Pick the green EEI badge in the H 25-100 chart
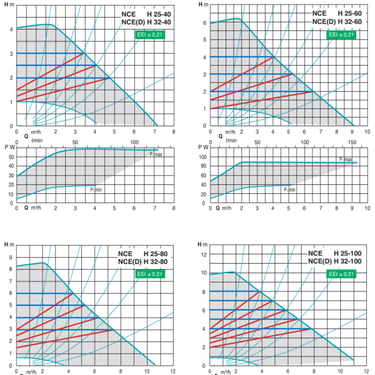[341, 274]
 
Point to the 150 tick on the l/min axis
[352, 142]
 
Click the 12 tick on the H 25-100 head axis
[204, 254]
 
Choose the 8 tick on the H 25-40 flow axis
[174, 131]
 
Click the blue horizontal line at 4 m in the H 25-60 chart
[242, 57]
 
